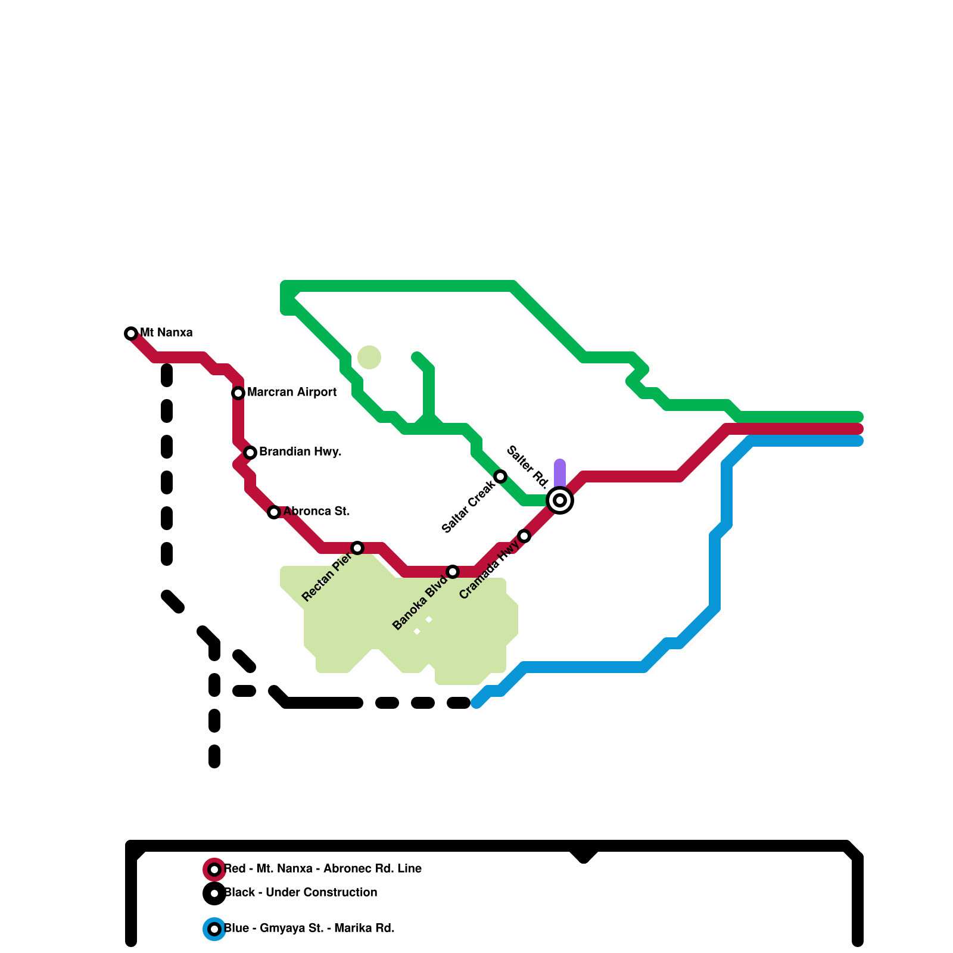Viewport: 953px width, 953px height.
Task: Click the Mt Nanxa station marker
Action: point(131,334)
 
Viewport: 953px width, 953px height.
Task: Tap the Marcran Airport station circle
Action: point(238,393)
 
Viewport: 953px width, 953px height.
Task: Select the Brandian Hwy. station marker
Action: point(250,453)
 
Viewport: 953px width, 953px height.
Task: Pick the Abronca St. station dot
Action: point(274,512)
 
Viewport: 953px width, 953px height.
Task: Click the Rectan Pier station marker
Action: point(357,548)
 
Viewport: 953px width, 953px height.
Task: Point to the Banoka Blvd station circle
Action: point(453,572)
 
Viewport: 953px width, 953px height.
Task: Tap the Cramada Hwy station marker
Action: point(524,536)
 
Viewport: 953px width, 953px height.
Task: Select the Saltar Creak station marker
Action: point(500,476)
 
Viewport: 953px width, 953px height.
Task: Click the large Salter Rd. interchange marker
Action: point(560,500)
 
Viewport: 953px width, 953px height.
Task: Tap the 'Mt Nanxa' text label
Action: point(166,333)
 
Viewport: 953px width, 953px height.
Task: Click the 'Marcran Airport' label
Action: point(292,393)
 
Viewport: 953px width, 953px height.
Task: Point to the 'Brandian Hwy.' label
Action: point(300,452)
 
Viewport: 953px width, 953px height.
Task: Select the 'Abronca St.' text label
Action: point(316,512)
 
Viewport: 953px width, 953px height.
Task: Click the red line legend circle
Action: point(214,870)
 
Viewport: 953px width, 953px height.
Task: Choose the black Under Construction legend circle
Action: point(214,893)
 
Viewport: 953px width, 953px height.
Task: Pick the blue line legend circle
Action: point(214,929)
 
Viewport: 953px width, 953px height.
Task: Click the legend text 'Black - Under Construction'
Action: point(301,893)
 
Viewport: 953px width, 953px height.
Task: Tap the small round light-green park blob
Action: point(369,357)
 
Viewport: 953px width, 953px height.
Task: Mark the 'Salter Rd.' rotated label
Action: point(527,467)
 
